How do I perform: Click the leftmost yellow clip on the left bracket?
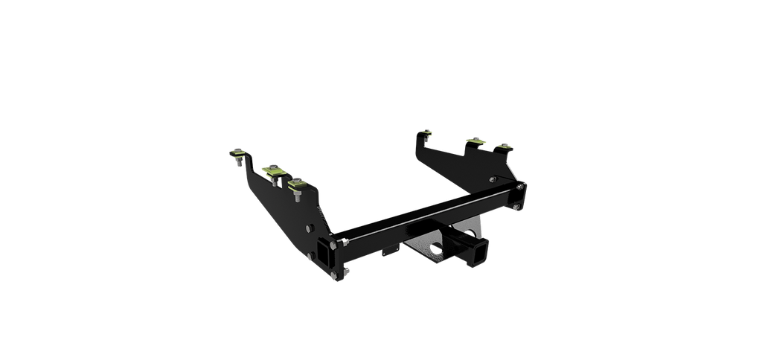click(237, 155)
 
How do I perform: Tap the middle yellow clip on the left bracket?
click(273, 171)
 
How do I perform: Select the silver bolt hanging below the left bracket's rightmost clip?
click(297, 196)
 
